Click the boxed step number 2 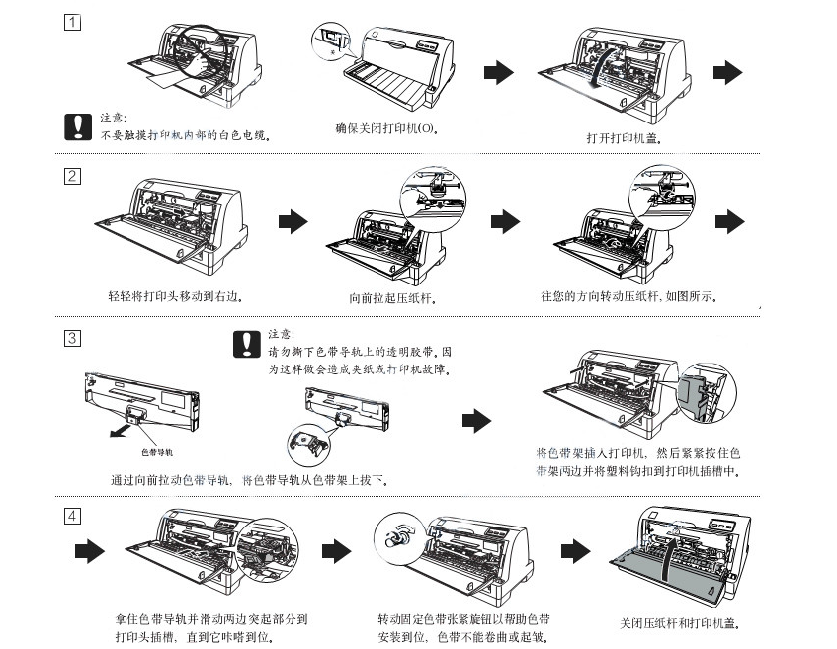click(x=72, y=178)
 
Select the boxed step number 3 click(x=72, y=338)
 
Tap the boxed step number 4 click(x=72, y=516)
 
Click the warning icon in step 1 click(x=77, y=126)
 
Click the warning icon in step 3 click(x=244, y=343)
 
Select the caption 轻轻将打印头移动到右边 click(x=175, y=295)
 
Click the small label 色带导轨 click(x=157, y=451)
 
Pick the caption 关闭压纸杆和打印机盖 click(x=680, y=623)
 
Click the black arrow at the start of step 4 click(x=90, y=551)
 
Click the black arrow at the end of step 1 click(x=726, y=71)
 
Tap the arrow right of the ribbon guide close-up click(x=476, y=421)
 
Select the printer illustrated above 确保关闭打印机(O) click(x=396, y=63)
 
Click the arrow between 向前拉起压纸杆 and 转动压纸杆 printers click(x=504, y=221)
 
